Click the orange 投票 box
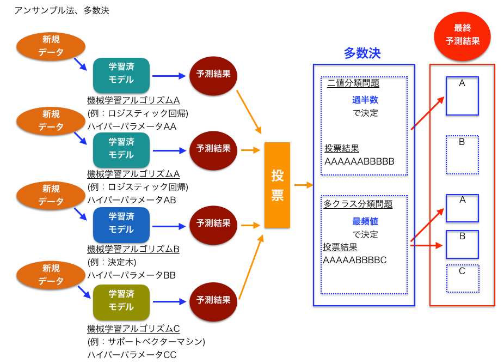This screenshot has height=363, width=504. point(277,185)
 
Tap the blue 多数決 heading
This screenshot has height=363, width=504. point(362,53)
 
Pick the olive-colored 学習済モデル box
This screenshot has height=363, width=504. point(121,301)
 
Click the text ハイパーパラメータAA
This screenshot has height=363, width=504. point(132,126)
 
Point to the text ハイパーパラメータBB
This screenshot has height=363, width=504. point(132,275)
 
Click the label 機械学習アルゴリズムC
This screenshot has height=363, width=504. point(133,329)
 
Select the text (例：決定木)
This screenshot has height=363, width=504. point(112,262)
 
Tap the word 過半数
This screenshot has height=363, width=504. point(365,100)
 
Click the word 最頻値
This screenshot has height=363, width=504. point(365,222)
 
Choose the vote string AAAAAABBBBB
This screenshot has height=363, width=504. point(359,162)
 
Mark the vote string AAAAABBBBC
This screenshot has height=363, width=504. point(355,260)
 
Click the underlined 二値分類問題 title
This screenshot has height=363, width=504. point(353,83)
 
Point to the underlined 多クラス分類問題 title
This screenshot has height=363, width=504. point(358,204)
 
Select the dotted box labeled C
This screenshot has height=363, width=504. point(462,278)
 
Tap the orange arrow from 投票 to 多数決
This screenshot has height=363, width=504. point(303,185)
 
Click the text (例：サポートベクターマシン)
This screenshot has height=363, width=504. point(146,342)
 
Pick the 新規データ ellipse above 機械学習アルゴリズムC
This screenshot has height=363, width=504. point(51,275)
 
